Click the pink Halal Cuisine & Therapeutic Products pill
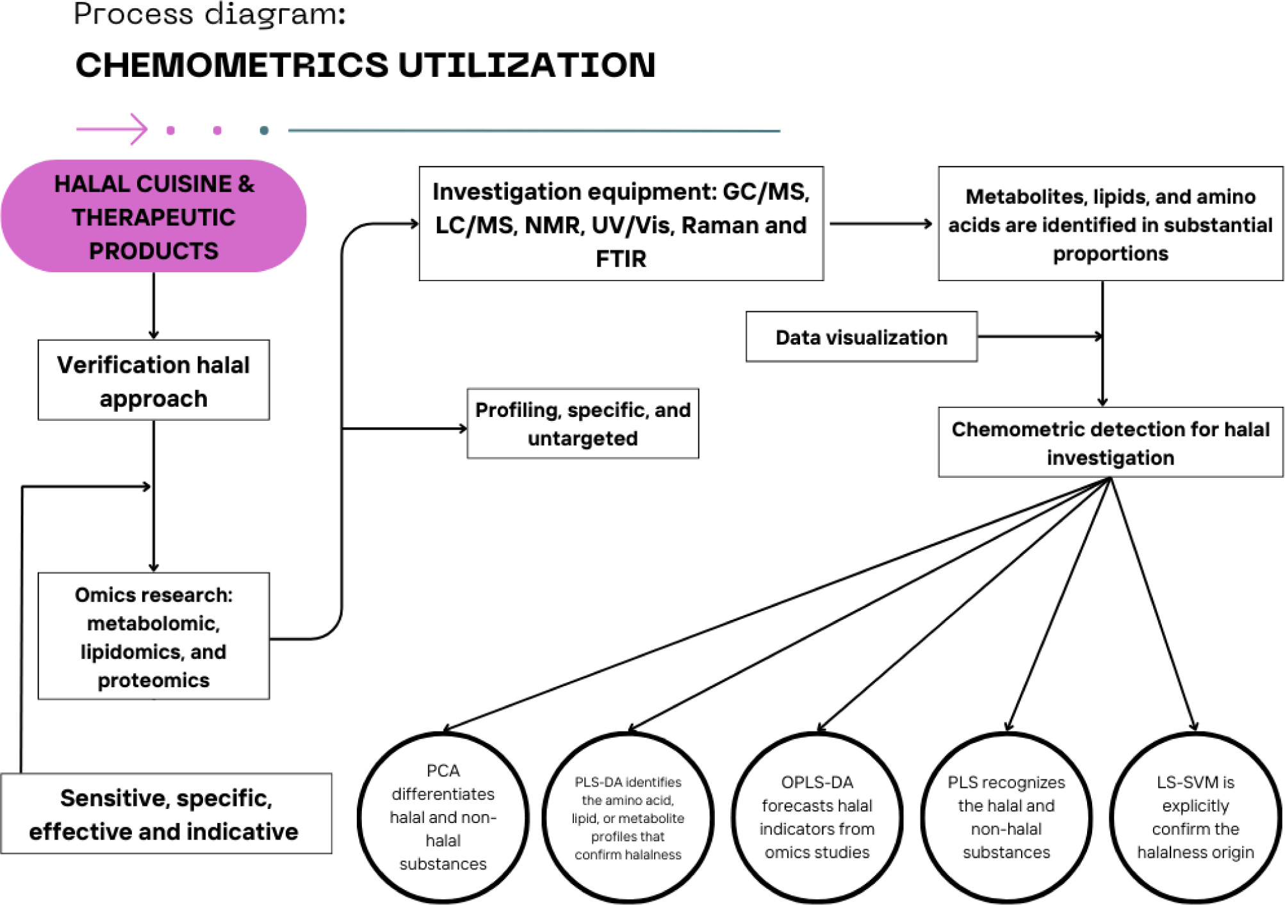(154, 216)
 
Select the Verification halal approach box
(154, 380)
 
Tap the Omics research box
(154, 636)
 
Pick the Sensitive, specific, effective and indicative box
(166, 813)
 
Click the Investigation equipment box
(621, 224)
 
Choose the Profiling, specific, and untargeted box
(582, 423)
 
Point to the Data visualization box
(861, 337)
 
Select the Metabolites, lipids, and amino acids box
(1110, 224)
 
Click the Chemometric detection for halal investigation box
(1110, 443)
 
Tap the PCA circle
(443, 817)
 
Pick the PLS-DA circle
(628, 817)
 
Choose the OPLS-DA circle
(817, 817)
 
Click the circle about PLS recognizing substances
(1006, 817)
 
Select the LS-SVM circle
(1195, 817)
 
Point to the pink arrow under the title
(112, 129)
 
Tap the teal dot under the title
(264, 131)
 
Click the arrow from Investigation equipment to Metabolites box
(880, 224)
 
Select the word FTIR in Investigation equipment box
(621, 259)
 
